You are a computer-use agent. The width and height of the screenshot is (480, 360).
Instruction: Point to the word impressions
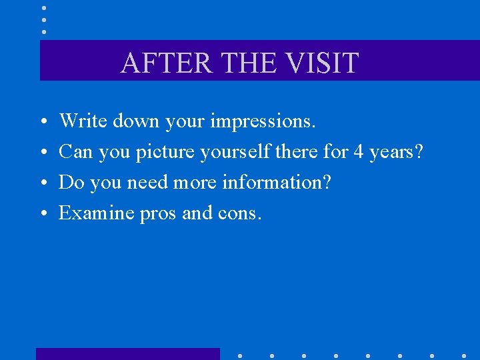[263, 121]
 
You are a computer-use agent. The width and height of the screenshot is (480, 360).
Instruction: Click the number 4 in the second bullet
[358, 152]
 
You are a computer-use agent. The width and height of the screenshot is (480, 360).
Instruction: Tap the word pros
[158, 213]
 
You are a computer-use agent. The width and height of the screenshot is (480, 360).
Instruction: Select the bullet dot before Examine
[42, 214]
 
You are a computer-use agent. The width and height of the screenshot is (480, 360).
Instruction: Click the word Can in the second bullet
[75, 152]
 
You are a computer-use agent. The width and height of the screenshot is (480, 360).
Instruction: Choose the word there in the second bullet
[296, 152]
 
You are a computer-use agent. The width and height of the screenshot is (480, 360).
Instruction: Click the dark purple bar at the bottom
[127, 353]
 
